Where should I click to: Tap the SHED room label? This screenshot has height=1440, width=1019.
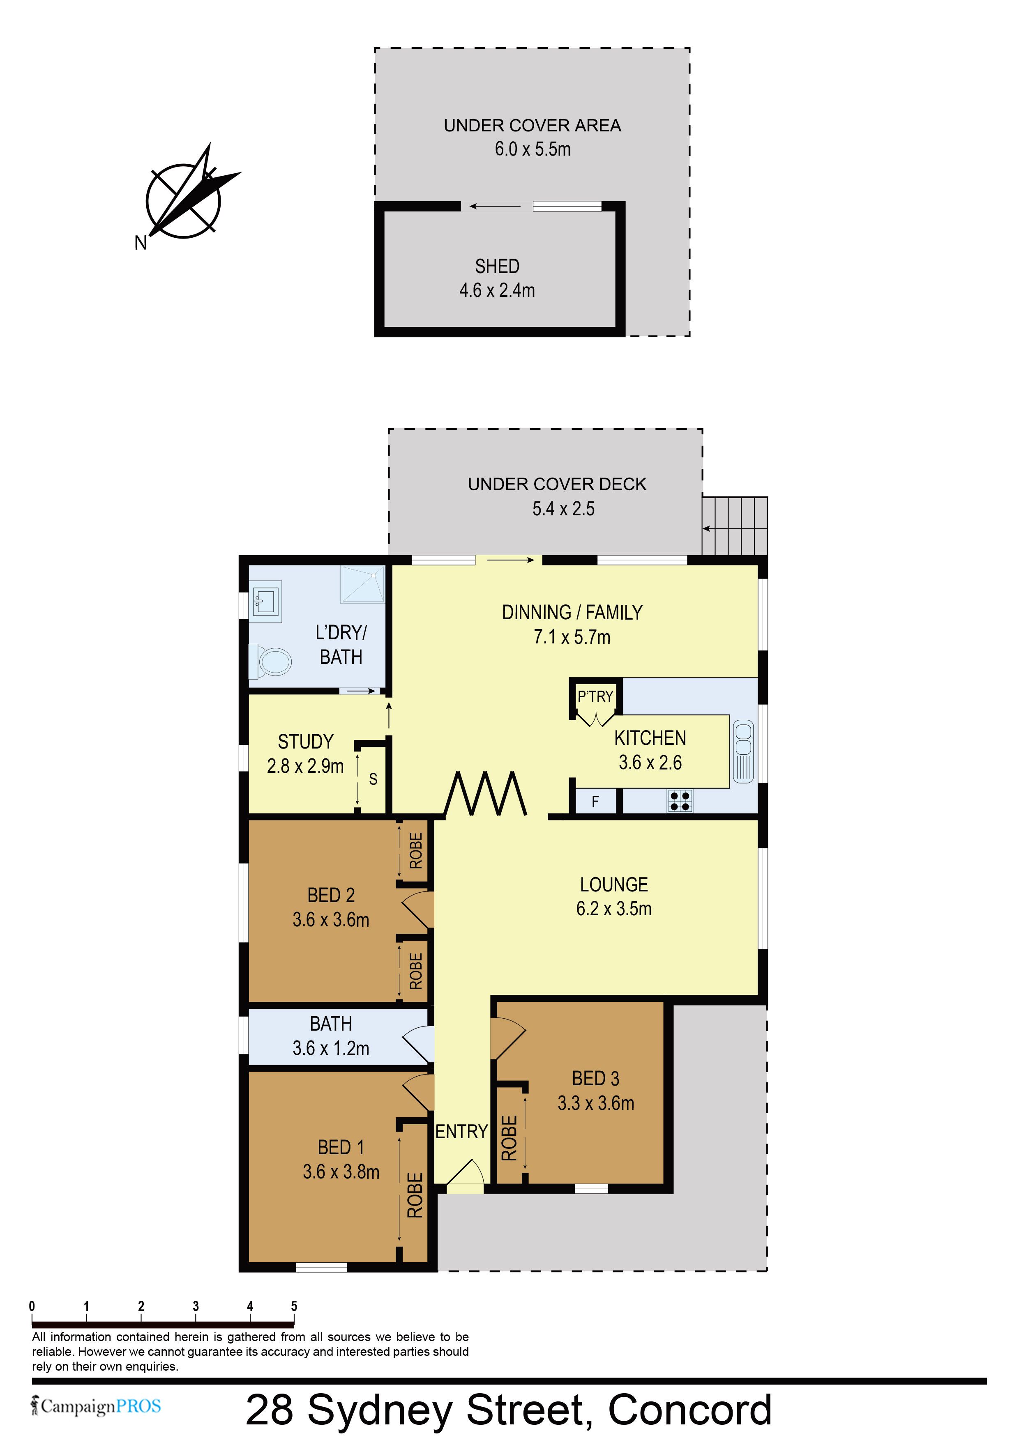coord(497,266)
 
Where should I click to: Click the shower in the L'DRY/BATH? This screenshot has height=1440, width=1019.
coord(363,585)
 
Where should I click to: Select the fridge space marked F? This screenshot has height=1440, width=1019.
coord(595,801)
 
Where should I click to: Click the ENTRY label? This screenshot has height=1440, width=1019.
coord(462,1132)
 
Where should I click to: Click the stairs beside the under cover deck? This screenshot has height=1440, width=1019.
coord(735,526)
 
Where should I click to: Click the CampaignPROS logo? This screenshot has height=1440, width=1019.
coord(96,1406)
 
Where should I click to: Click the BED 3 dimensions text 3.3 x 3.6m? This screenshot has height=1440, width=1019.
coord(596,1103)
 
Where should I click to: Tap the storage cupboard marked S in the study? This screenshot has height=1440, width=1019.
coord(373,779)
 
